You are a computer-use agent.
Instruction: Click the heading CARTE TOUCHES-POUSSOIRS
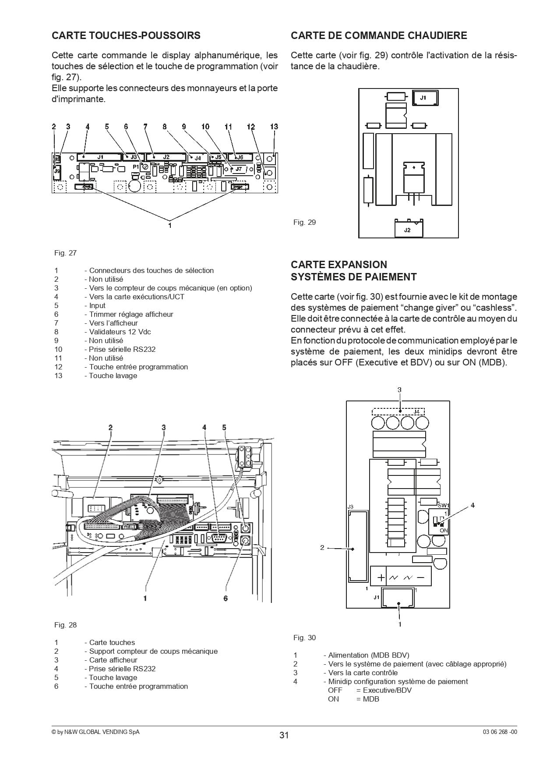pyautogui.click(x=126, y=35)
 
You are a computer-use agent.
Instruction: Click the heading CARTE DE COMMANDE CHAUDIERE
pyautogui.click(x=379, y=35)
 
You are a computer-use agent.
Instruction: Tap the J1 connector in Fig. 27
pyautogui.click(x=100, y=156)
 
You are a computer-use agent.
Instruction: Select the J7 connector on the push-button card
pyautogui.click(x=239, y=169)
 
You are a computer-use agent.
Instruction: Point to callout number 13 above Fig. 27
pyautogui.click(x=274, y=127)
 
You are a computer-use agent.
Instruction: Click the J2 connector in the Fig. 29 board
pyautogui.click(x=408, y=228)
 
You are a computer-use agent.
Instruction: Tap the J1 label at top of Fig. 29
pyautogui.click(x=423, y=98)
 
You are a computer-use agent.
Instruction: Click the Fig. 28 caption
pyautogui.click(x=65, y=625)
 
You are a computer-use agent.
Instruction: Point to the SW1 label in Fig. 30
pyautogui.click(x=444, y=505)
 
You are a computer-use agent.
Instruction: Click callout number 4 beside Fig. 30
pyautogui.click(x=472, y=505)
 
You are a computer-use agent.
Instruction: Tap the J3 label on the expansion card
pyautogui.click(x=350, y=507)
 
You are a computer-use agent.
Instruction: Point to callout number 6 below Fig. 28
pyautogui.click(x=226, y=598)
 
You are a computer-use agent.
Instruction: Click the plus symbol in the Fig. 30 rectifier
pyautogui.click(x=381, y=578)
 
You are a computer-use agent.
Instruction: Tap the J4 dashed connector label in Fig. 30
pyautogui.click(x=416, y=412)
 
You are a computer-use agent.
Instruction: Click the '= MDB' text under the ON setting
pyautogui.click(x=368, y=699)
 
